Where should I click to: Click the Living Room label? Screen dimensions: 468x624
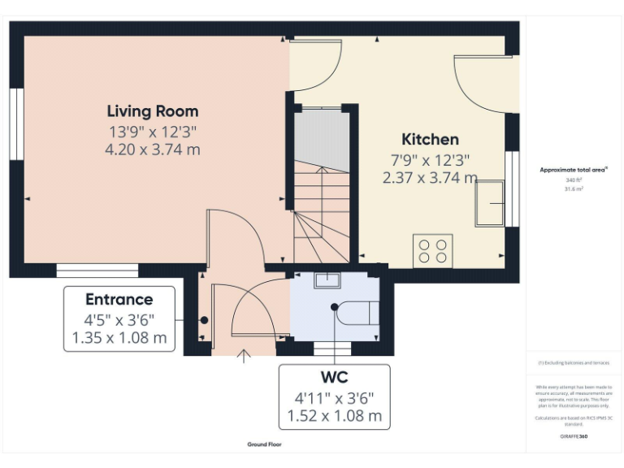[153, 111]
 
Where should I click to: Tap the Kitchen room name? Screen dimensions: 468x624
[430, 139]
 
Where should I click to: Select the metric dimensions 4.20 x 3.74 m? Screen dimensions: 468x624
[153, 149]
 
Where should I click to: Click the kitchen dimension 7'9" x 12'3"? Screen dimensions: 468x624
[430, 159]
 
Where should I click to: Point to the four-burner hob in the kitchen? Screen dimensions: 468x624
[432, 249]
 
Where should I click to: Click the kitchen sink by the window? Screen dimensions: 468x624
[490, 203]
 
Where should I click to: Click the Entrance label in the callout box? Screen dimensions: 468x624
[119, 299]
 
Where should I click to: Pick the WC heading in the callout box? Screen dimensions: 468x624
[334, 378]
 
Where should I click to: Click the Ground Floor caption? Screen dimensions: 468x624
[265, 444]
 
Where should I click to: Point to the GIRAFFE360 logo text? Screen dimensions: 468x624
[574, 437]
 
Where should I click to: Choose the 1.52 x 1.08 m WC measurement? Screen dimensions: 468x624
[334, 416]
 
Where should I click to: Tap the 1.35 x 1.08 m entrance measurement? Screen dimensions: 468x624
[119, 337]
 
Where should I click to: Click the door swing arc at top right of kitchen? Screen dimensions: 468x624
[479, 85]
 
